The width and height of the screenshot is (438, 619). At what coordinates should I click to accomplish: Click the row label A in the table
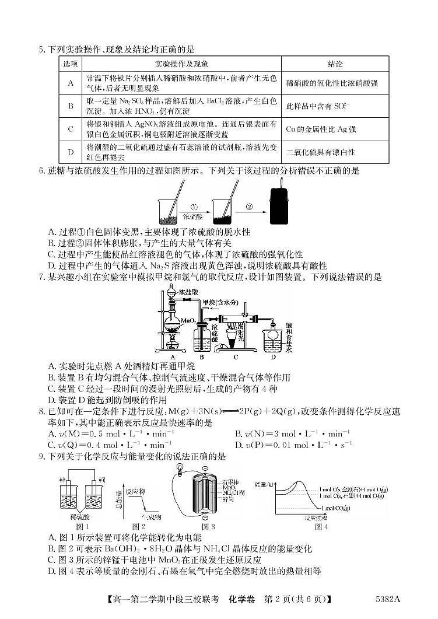pyautogui.click(x=71, y=83)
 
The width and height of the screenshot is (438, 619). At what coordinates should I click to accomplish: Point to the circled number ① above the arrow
pyautogui.click(x=195, y=205)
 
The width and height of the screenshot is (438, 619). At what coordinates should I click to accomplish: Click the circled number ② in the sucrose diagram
pyautogui.click(x=249, y=205)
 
